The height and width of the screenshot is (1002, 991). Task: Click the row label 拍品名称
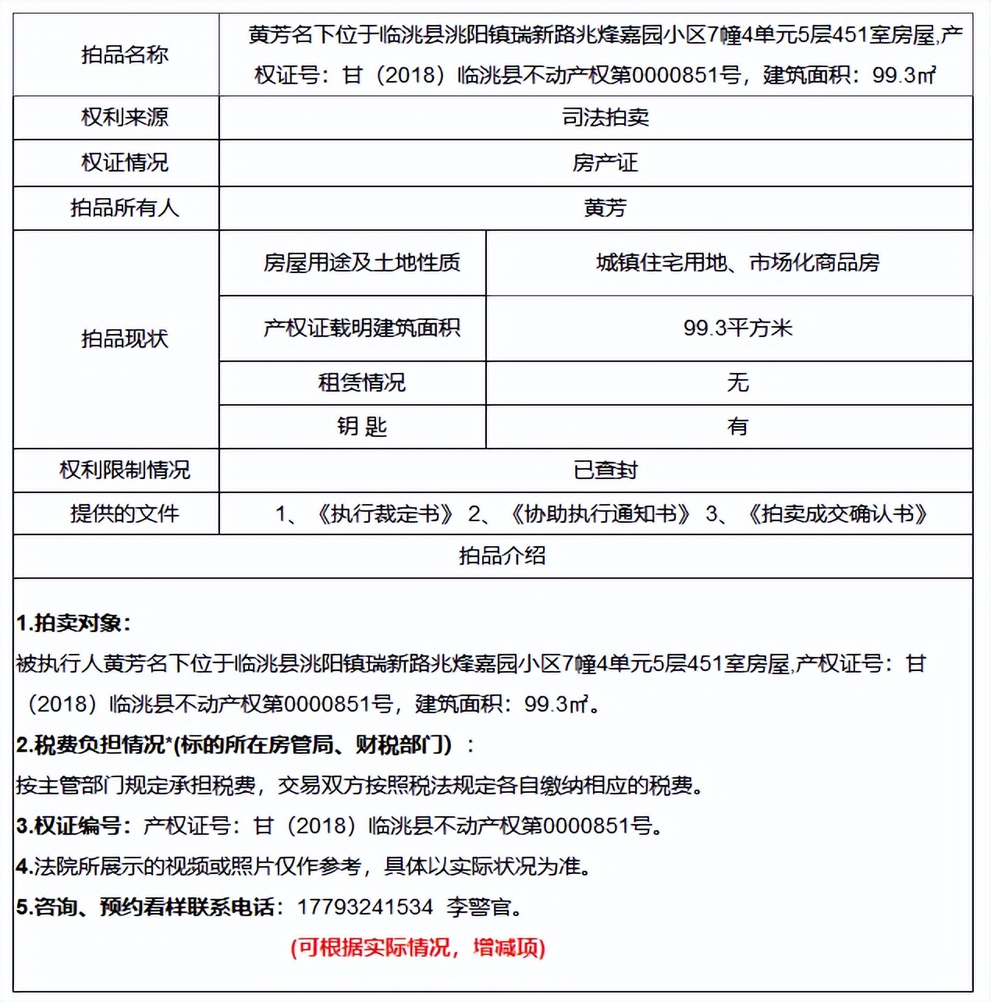click(x=125, y=55)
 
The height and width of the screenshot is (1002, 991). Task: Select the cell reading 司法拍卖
click(x=605, y=117)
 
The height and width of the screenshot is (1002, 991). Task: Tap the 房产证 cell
click(x=605, y=162)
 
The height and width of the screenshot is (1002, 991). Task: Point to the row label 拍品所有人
click(x=125, y=208)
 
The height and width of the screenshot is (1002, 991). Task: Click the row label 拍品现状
click(x=125, y=339)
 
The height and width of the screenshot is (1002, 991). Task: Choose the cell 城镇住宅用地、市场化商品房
click(x=737, y=262)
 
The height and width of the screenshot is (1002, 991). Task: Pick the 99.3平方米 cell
click(x=737, y=328)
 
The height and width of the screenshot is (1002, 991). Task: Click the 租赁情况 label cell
click(x=361, y=382)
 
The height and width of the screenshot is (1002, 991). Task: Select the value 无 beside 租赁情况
click(x=737, y=382)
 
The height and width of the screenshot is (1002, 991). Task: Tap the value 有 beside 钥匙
click(x=737, y=426)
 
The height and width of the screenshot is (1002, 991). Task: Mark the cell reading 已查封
click(x=605, y=470)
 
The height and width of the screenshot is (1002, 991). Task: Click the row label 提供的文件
click(x=125, y=513)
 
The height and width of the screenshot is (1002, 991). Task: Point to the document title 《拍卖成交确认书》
click(x=836, y=513)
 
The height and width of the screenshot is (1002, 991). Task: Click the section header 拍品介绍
click(x=502, y=556)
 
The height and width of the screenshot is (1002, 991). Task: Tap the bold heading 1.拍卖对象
click(x=73, y=623)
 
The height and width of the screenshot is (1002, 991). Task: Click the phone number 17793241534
click(x=364, y=907)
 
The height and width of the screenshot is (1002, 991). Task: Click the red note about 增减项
click(x=417, y=947)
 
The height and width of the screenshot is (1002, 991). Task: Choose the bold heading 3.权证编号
click(x=74, y=826)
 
